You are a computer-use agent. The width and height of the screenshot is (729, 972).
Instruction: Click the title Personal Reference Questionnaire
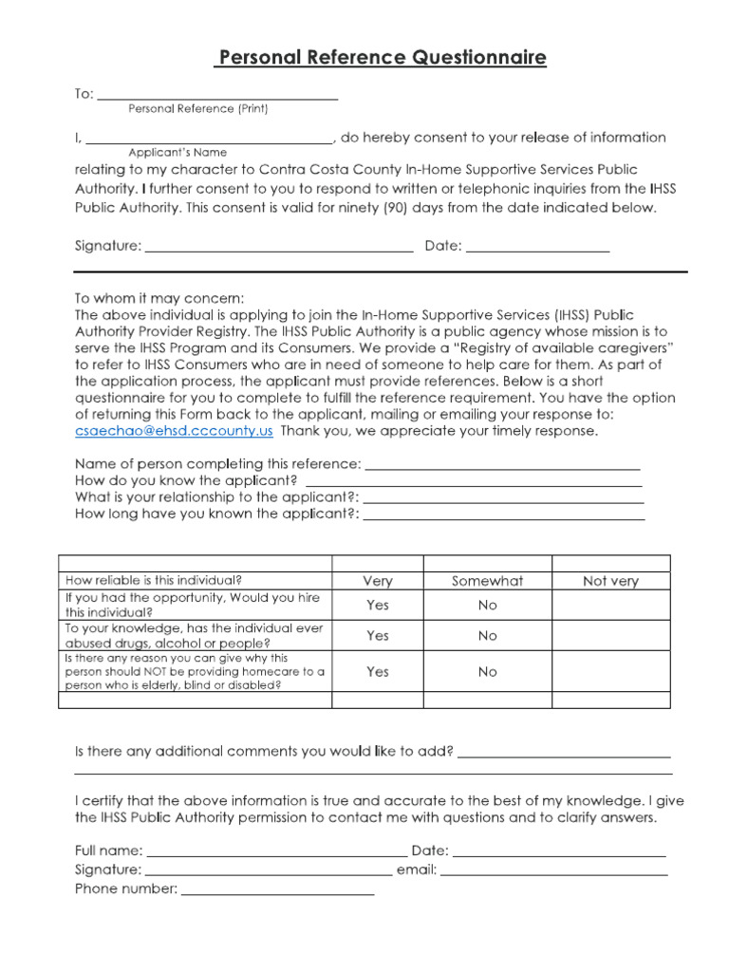[381, 58]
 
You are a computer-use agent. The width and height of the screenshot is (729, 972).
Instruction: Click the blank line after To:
[217, 96]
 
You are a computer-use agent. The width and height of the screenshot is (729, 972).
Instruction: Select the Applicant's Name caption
[178, 152]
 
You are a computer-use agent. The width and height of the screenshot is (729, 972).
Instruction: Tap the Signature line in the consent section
[279, 249]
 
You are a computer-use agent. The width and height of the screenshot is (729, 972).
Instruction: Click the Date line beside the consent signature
[537, 249]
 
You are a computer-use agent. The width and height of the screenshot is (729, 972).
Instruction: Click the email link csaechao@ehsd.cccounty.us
[174, 430]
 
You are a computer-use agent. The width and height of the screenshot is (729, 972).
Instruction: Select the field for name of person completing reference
[502, 466]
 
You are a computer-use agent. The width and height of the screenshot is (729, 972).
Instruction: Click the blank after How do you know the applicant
[474, 482]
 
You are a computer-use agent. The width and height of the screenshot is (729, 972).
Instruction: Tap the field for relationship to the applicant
[503, 499]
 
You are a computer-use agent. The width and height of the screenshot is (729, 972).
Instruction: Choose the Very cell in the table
[377, 581]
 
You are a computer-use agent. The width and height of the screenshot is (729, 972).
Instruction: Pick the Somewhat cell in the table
[487, 581]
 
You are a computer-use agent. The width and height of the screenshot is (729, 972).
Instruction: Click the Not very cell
[610, 581]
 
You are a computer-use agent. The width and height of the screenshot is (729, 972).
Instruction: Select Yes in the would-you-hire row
[377, 605]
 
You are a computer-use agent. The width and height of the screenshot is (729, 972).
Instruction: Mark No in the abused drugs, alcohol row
[487, 636]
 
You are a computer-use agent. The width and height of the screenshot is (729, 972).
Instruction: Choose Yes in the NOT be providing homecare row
[377, 672]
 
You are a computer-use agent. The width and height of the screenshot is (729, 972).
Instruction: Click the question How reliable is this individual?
[153, 580]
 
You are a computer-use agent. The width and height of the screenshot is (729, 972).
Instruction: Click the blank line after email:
[554, 871]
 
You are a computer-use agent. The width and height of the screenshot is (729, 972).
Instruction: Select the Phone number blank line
[277, 891]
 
